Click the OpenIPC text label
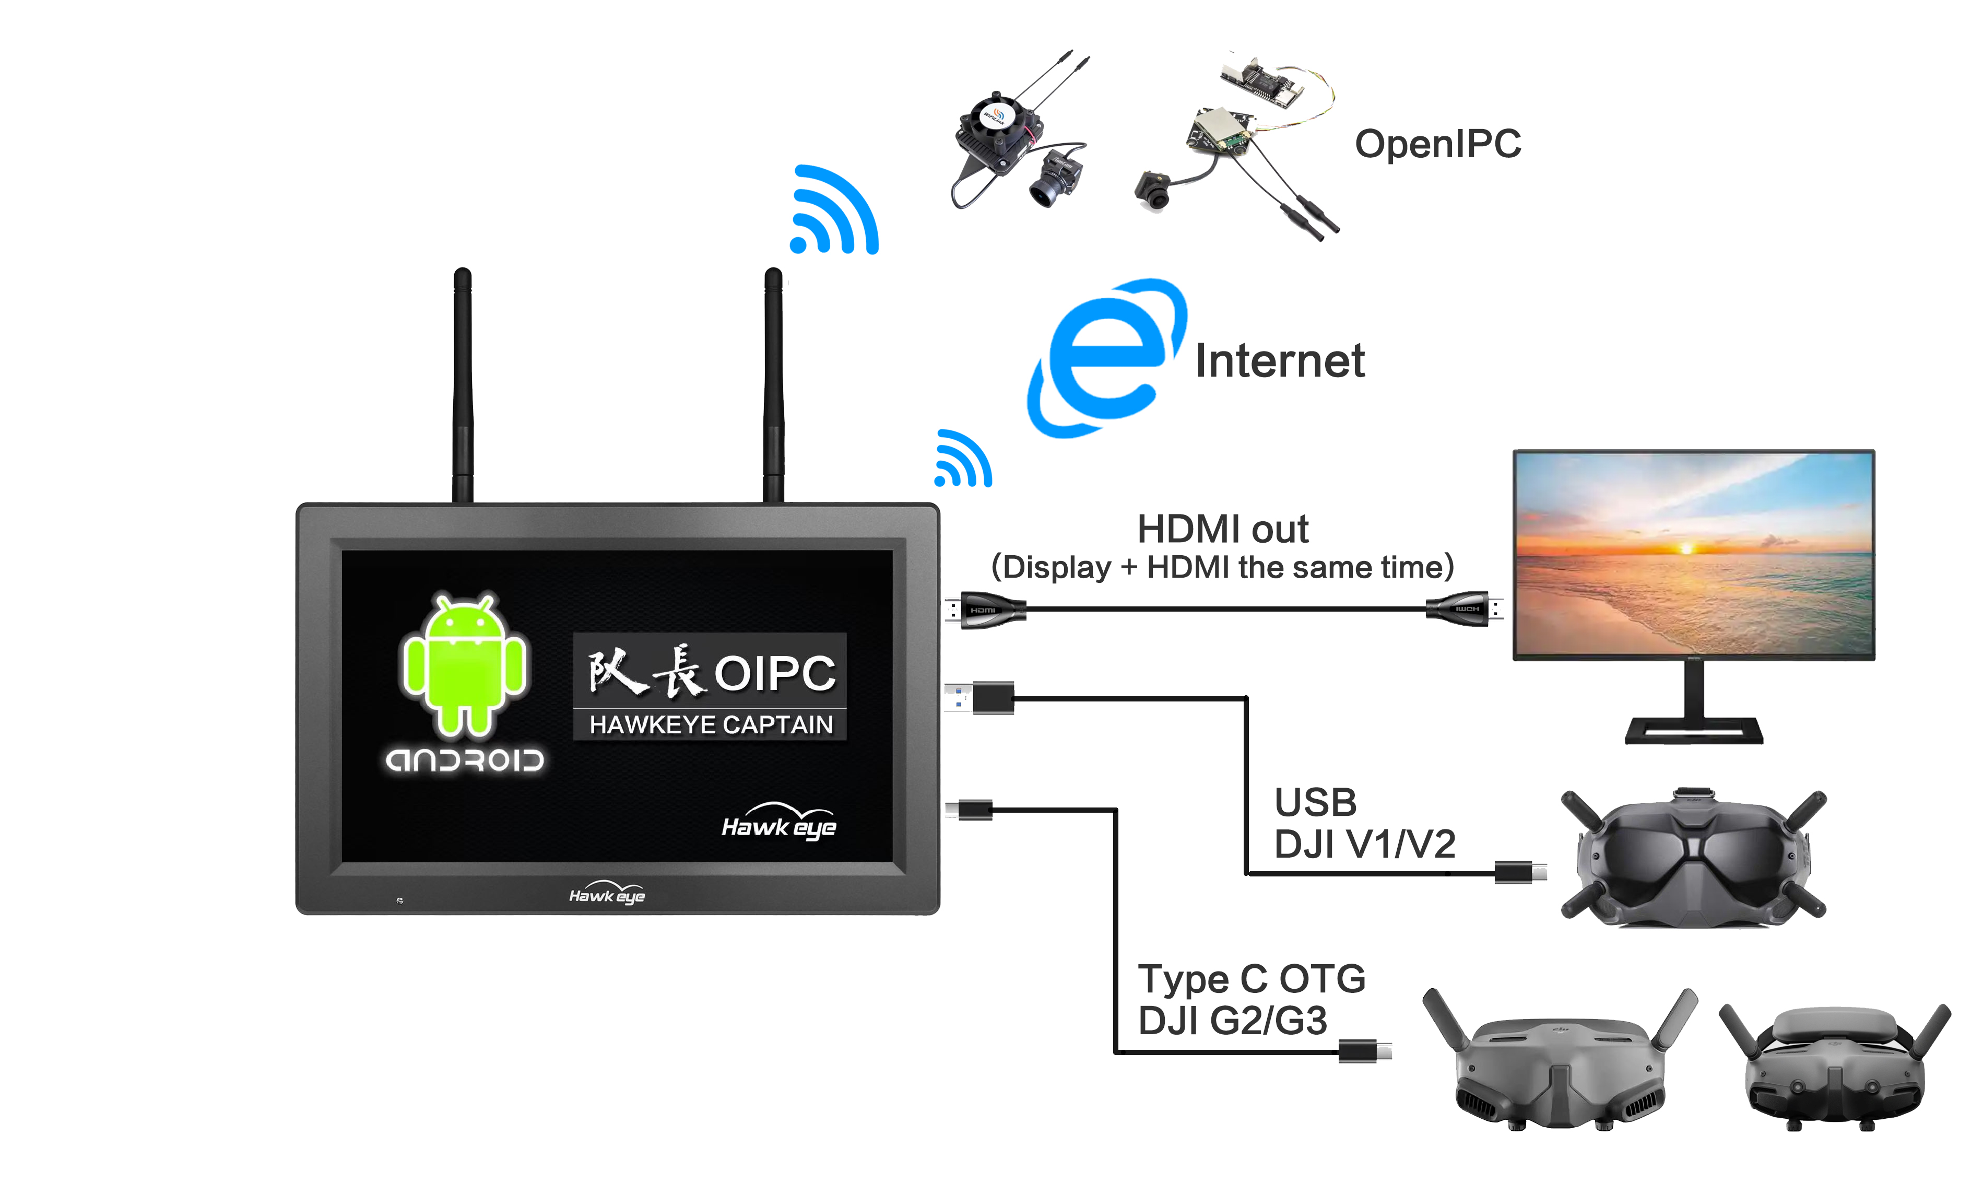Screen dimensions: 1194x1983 (x=1437, y=145)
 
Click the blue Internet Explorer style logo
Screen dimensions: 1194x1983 (x=1106, y=358)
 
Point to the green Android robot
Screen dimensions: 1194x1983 (x=464, y=664)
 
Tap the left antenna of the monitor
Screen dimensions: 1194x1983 (x=463, y=386)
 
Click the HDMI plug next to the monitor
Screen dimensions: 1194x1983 (x=987, y=610)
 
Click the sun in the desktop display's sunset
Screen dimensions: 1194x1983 (x=1686, y=549)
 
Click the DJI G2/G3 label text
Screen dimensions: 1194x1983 (x=1232, y=1020)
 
